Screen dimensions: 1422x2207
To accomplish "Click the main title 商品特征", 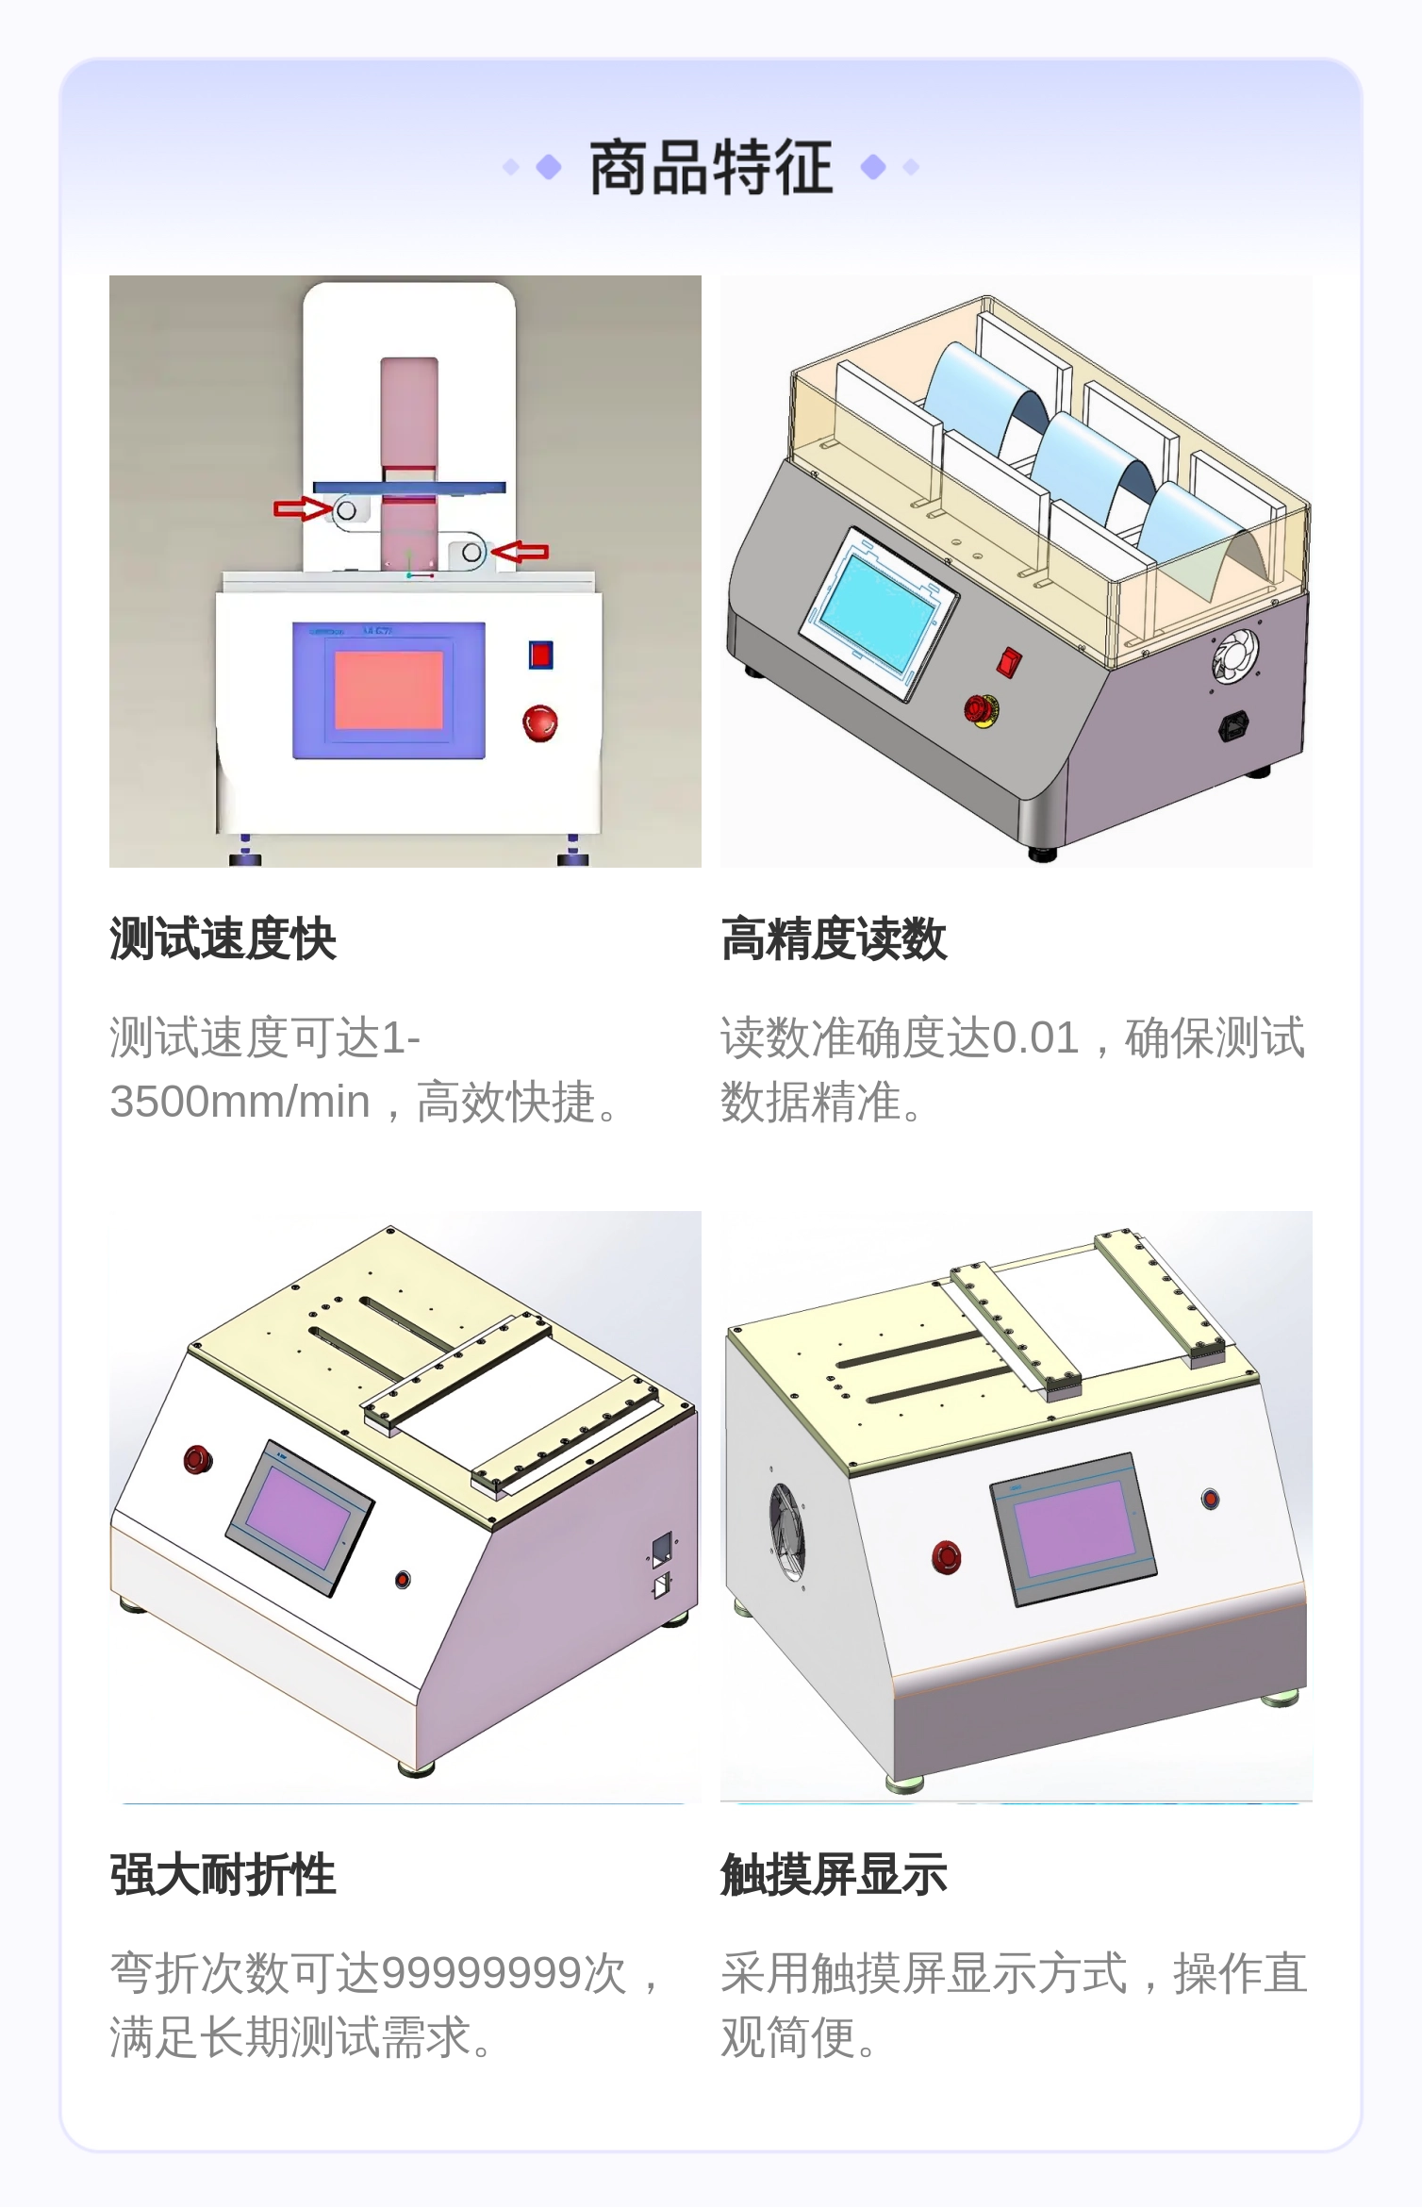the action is pyautogui.click(x=711, y=168).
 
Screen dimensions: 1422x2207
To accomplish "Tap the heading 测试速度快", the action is pyautogui.click(x=223, y=938).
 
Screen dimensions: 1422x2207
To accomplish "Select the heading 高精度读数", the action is pyautogui.click(x=834, y=938).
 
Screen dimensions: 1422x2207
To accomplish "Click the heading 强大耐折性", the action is pyautogui.click(x=223, y=1874).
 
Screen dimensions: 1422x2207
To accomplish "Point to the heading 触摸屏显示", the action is pyautogui.click(x=834, y=1874).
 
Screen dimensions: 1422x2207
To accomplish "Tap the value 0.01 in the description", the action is pyautogui.click(x=1035, y=1037).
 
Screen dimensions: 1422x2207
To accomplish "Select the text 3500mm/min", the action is pyautogui.click(x=240, y=1102).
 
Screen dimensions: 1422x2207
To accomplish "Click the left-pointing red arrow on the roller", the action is pyautogui.click(x=520, y=552).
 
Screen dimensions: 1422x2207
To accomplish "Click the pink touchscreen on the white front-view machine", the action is pyautogui.click(x=389, y=689).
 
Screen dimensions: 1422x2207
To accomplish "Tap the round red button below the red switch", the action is pyautogui.click(x=540, y=722).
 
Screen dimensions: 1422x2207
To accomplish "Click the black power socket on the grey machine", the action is pyautogui.click(x=1233, y=725).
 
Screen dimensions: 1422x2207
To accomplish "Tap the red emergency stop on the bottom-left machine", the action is pyautogui.click(x=198, y=1459).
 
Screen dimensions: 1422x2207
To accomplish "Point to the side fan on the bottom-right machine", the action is pyautogui.click(x=786, y=1531).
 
